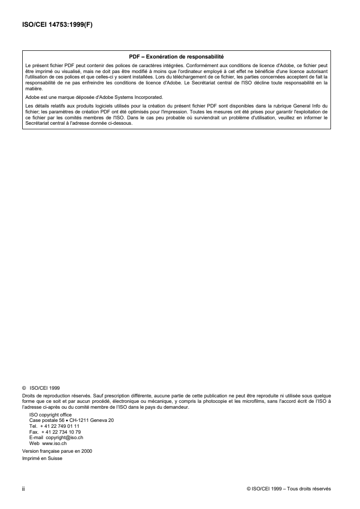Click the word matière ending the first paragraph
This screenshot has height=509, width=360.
(33, 90)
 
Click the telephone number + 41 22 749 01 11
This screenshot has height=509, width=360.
(60, 426)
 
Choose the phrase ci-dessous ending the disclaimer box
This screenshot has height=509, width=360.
(121, 123)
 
